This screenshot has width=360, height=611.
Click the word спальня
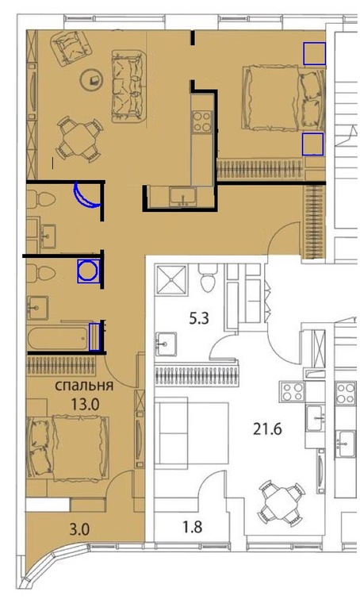click(84, 386)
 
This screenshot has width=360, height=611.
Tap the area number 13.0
click(85, 405)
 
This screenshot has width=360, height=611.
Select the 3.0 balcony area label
click(79, 529)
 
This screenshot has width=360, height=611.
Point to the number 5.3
click(199, 319)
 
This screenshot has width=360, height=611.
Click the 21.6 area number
click(267, 429)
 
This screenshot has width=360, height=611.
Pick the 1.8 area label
click(193, 527)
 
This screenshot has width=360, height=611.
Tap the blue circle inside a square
click(88, 271)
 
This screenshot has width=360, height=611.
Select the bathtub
click(59, 338)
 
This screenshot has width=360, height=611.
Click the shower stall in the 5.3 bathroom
click(171, 279)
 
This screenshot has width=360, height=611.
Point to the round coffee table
click(91, 80)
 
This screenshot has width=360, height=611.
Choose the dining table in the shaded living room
click(80, 139)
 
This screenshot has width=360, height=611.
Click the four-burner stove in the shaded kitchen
click(203, 121)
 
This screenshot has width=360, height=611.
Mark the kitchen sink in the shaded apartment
click(182, 196)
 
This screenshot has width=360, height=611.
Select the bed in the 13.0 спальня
click(68, 448)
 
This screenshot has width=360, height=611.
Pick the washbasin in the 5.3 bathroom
click(167, 344)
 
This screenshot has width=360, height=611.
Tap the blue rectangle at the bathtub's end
click(94, 336)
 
